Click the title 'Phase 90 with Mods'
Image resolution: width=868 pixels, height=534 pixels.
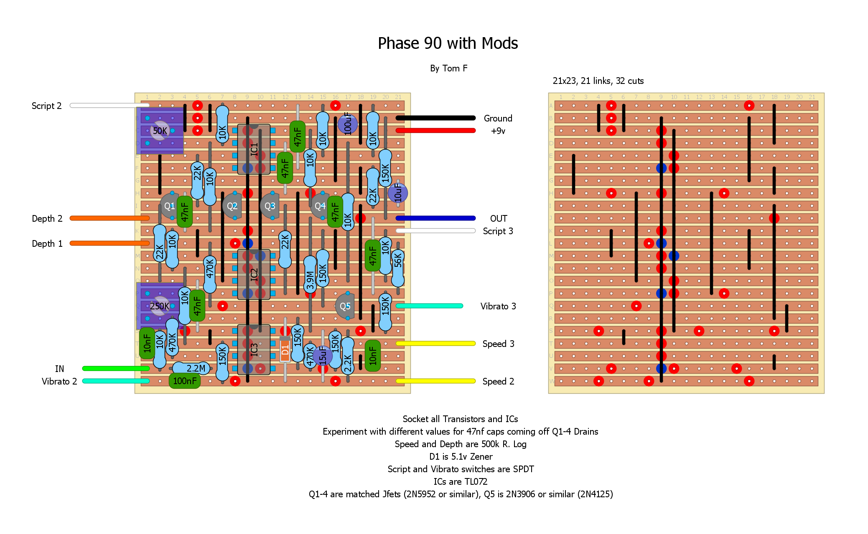(448, 43)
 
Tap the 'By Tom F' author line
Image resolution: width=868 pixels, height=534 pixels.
(448, 68)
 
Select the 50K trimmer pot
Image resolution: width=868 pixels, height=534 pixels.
(160, 131)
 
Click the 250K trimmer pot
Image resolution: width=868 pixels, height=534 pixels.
(160, 306)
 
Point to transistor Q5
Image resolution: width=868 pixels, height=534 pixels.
(345, 306)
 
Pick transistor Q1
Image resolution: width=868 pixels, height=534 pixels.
(169, 206)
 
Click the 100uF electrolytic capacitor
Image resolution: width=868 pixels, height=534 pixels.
(348, 124)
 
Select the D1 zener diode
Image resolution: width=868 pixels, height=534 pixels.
(285, 350)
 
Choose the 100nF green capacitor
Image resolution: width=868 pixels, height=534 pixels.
(185, 381)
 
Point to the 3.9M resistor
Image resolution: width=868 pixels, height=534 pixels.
(310, 275)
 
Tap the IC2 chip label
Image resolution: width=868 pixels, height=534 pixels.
(254, 275)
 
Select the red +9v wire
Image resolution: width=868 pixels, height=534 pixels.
(435, 131)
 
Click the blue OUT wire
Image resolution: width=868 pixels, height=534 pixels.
(435, 218)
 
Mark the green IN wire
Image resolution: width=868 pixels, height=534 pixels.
(116, 368)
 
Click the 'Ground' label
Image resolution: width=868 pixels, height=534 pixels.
(498, 119)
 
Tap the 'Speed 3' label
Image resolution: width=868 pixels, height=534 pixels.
(498, 344)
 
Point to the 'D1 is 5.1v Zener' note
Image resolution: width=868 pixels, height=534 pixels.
(461, 457)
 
